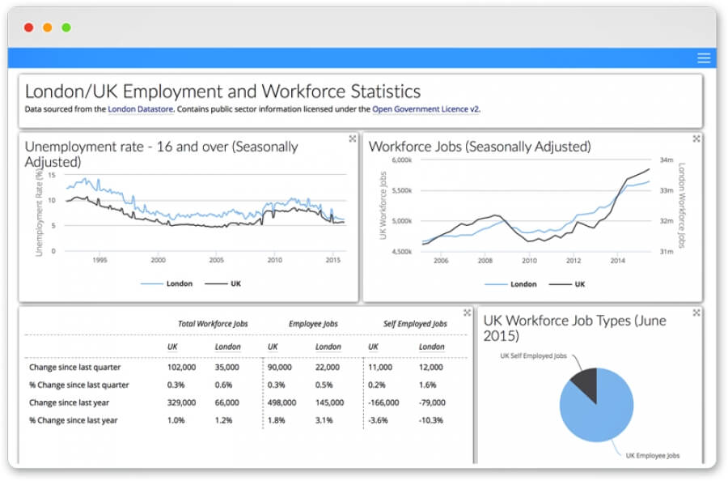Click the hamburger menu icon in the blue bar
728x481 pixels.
click(x=704, y=57)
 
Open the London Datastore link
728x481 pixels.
click(x=141, y=109)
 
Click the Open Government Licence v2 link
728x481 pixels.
click(x=425, y=109)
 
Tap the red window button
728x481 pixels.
click(x=28, y=28)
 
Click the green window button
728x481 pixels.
click(x=66, y=28)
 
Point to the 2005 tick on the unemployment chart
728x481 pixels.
click(x=217, y=260)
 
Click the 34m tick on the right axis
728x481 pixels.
click(x=667, y=160)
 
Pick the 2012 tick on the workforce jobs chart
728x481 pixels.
click(x=574, y=260)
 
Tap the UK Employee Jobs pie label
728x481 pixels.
click(x=652, y=456)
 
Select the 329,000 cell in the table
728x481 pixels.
click(x=181, y=402)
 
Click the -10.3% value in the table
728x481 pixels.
click(x=431, y=420)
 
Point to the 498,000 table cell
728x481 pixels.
click(x=282, y=402)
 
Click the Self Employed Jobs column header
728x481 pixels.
click(x=415, y=324)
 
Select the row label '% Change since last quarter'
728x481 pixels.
click(x=79, y=385)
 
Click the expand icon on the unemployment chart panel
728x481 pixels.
click(x=353, y=139)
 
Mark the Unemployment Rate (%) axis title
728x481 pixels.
click(x=38, y=212)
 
